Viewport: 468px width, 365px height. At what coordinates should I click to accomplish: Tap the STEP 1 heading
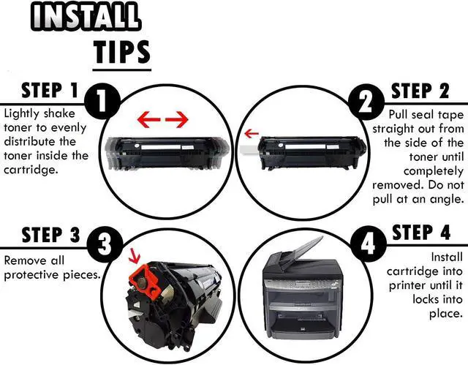[x=49, y=91]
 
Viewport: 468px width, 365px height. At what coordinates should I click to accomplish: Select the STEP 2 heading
[x=421, y=91]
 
